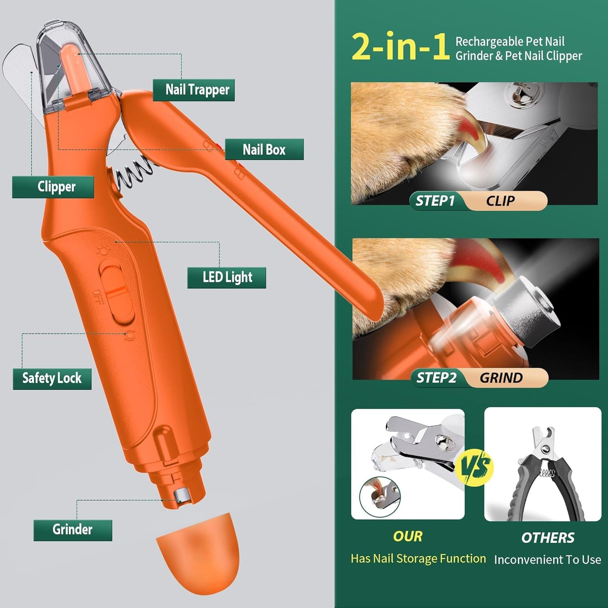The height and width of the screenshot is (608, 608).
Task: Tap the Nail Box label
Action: [264, 149]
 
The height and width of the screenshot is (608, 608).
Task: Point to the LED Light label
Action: [227, 278]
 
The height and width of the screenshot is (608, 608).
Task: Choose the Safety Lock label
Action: [52, 378]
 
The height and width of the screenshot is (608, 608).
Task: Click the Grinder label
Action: [73, 530]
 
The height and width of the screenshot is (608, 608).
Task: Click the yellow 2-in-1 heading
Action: [400, 47]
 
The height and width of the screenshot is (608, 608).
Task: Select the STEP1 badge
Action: [435, 201]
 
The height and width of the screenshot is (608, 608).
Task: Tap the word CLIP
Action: [500, 201]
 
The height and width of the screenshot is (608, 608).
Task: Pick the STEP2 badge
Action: [436, 378]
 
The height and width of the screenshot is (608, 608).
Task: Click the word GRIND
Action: [501, 378]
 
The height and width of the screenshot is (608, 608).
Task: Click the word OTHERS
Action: [547, 538]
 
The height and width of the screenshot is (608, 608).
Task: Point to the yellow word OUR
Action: [408, 536]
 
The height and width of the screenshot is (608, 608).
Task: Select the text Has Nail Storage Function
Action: [418, 558]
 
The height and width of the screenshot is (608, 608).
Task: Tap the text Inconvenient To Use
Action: [547, 560]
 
